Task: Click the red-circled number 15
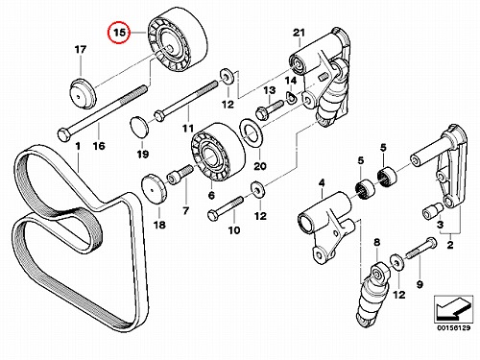click(119, 33)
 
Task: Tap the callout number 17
click(81, 50)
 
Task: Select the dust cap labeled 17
click(83, 94)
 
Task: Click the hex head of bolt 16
click(64, 135)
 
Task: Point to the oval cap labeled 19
click(140, 128)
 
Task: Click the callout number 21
click(300, 33)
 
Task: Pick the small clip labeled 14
click(291, 98)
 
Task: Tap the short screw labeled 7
click(180, 175)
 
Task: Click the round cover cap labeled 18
click(155, 190)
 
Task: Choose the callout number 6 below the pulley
click(211, 195)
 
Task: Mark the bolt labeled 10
click(226, 208)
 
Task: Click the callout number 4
click(322, 182)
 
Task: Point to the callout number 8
click(377, 242)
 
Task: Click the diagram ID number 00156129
click(453, 328)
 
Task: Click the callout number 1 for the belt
click(78, 146)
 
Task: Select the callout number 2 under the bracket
click(450, 245)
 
